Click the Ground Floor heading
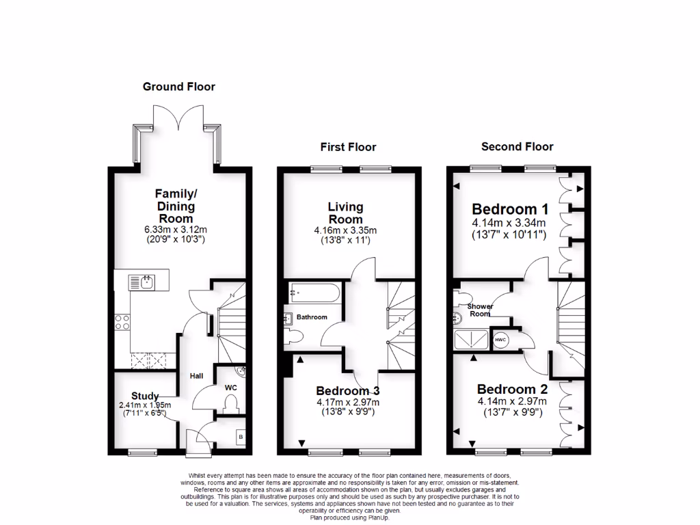[x=178, y=87]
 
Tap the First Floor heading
[x=348, y=147]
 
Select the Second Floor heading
[x=517, y=146]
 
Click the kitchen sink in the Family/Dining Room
[x=143, y=281]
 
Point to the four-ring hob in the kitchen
[x=123, y=322]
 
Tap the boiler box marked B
[x=240, y=437]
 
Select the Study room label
[x=145, y=396]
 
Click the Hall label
[x=197, y=376]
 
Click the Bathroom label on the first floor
[x=312, y=317]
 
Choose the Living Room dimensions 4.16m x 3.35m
[x=345, y=230]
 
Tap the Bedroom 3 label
[x=347, y=390]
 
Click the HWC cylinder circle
[x=500, y=340]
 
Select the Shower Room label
[x=480, y=310]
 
